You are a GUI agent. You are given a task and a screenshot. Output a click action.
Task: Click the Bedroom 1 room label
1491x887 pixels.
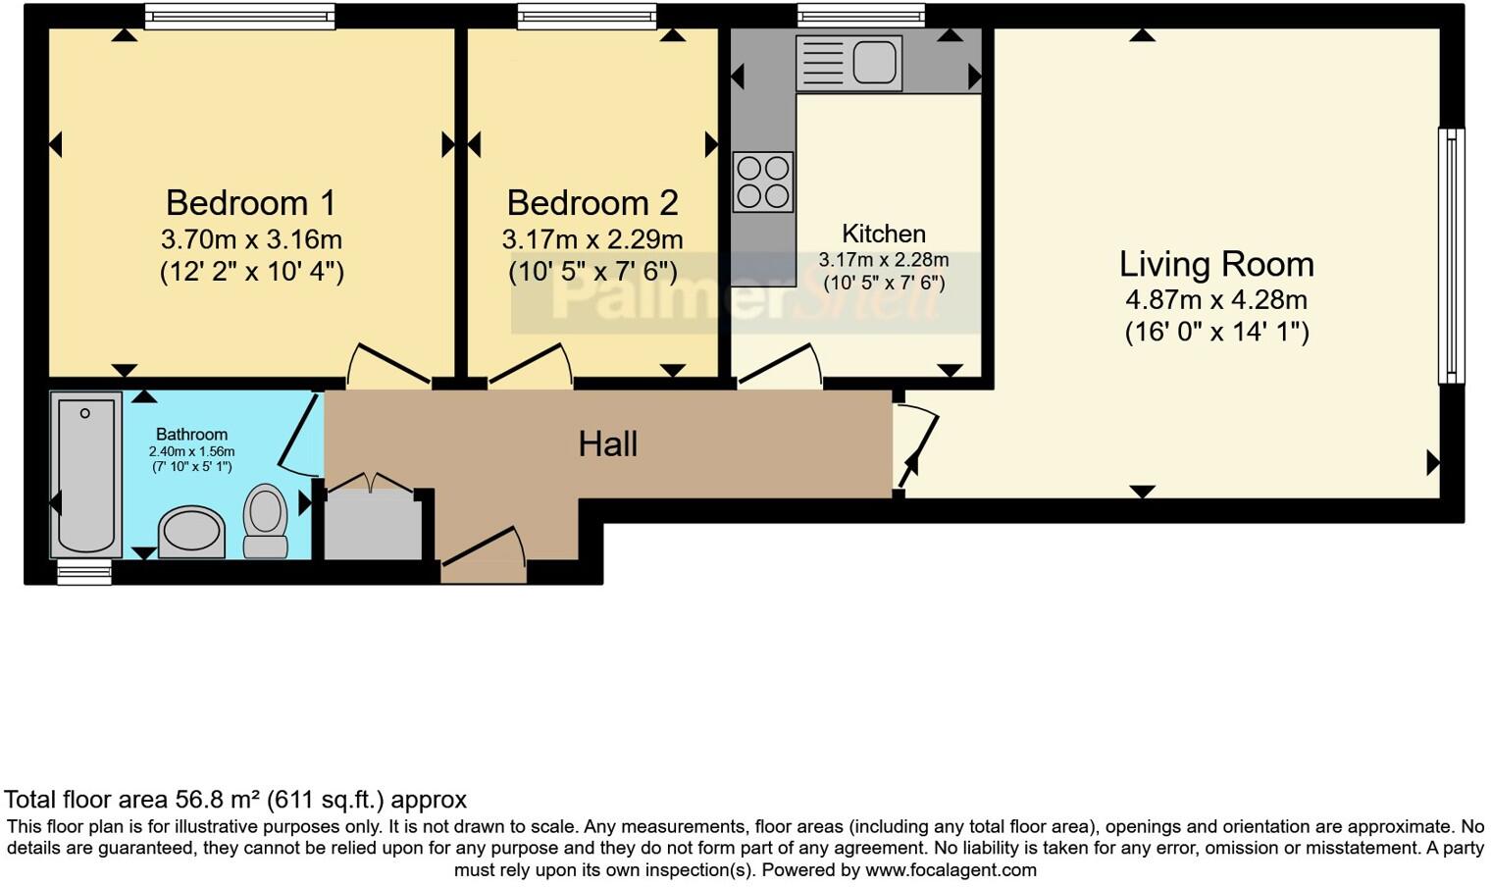pyautogui.click(x=251, y=203)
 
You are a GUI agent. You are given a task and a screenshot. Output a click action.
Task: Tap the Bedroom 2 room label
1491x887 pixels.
pyautogui.click(x=592, y=203)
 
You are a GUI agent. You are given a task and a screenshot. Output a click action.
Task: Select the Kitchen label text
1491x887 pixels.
pyautogui.click(x=884, y=234)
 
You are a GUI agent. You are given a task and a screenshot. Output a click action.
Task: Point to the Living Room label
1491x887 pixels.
pyautogui.click(x=1216, y=264)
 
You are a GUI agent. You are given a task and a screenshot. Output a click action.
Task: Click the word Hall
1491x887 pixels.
pyautogui.click(x=608, y=444)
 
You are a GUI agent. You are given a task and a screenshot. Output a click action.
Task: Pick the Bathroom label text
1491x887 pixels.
pyautogui.click(x=191, y=434)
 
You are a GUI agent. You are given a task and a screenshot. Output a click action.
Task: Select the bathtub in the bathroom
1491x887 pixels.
pyautogui.click(x=85, y=475)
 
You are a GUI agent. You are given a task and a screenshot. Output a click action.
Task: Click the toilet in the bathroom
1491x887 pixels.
pyautogui.click(x=265, y=521)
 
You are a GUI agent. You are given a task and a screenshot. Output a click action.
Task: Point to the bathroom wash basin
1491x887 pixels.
pyautogui.click(x=191, y=533)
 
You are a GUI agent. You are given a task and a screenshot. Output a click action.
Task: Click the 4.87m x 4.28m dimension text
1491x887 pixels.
pyautogui.click(x=1216, y=300)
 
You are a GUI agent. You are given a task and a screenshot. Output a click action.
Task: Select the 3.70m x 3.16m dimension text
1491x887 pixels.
pyautogui.click(x=251, y=239)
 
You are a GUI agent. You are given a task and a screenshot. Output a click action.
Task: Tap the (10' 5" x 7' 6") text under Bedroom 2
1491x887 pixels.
pyautogui.click(x=592, y=272)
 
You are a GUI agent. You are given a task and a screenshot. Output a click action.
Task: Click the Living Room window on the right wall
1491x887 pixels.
pyautogui.click(x=1451, y=256)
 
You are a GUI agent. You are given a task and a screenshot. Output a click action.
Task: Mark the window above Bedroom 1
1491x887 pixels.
pyautogui.click(x=239, y=16)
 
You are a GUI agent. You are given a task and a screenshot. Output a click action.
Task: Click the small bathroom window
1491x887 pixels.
pyautogui.click(x=84, y=573)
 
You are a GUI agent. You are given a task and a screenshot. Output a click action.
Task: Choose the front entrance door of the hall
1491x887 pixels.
pyautogui.click(x=484, y=560)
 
